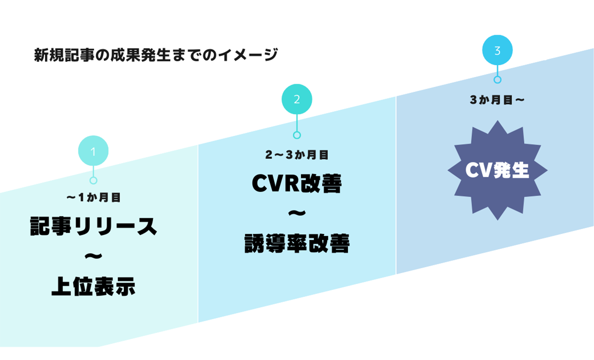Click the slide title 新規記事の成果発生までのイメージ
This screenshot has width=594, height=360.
pyautogui.click(x=156, y=55)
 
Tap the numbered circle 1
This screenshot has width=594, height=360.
pyautogui.click(x=93, y=151)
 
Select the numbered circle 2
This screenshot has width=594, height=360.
pyautogui.click(x=297, y=99)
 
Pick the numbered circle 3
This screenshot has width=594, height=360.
pyautogui.click(x=497, y=50)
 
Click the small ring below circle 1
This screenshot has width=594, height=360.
pyautogui.click(x=93, y=180)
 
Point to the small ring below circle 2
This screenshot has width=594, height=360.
pyautogui.click(x=297, y=135)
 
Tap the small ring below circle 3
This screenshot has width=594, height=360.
pyautogui.click(x=497, y=80)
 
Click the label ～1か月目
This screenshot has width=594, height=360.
pyautogui.click(x=94, y=198)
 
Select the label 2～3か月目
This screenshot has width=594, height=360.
pyautogui.click(x=297, y=155)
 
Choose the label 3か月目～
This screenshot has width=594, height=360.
pyautogui.click(x=497, y=100)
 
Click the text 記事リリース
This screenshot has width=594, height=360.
pyautogui.click(x=94, y=226)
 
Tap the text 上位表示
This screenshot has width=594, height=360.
pyautogui.click(x=93, y=286)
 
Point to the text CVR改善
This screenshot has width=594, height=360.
pyautogui.click(x=297, y=184)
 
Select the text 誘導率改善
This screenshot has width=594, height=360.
pyautogui.click(x=297, y=243)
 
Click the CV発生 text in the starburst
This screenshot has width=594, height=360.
pyautogui.click(x=497, y=170)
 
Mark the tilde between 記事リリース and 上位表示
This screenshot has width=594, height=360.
pyautogui.click(x=93, y=256)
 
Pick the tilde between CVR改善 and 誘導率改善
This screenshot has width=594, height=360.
pyautogui.click(x=297, y=213)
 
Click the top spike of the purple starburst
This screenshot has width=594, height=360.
pyautogui.click(x=498, y=121)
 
